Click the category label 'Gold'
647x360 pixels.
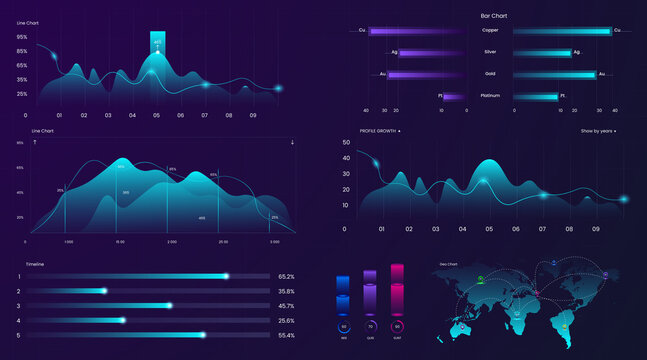490,74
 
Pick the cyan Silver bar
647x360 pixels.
541,52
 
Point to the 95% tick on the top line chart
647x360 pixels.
21,36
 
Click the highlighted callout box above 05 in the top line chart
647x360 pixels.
157,41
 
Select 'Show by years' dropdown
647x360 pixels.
598,131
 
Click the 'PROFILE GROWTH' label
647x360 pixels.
380,131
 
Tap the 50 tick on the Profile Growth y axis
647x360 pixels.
346,143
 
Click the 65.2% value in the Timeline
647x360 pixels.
286,276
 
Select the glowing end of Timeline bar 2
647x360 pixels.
104,291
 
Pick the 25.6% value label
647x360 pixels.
286,320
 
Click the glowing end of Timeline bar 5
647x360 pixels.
203,335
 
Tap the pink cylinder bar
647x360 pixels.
397,290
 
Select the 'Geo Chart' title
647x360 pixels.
448,264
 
